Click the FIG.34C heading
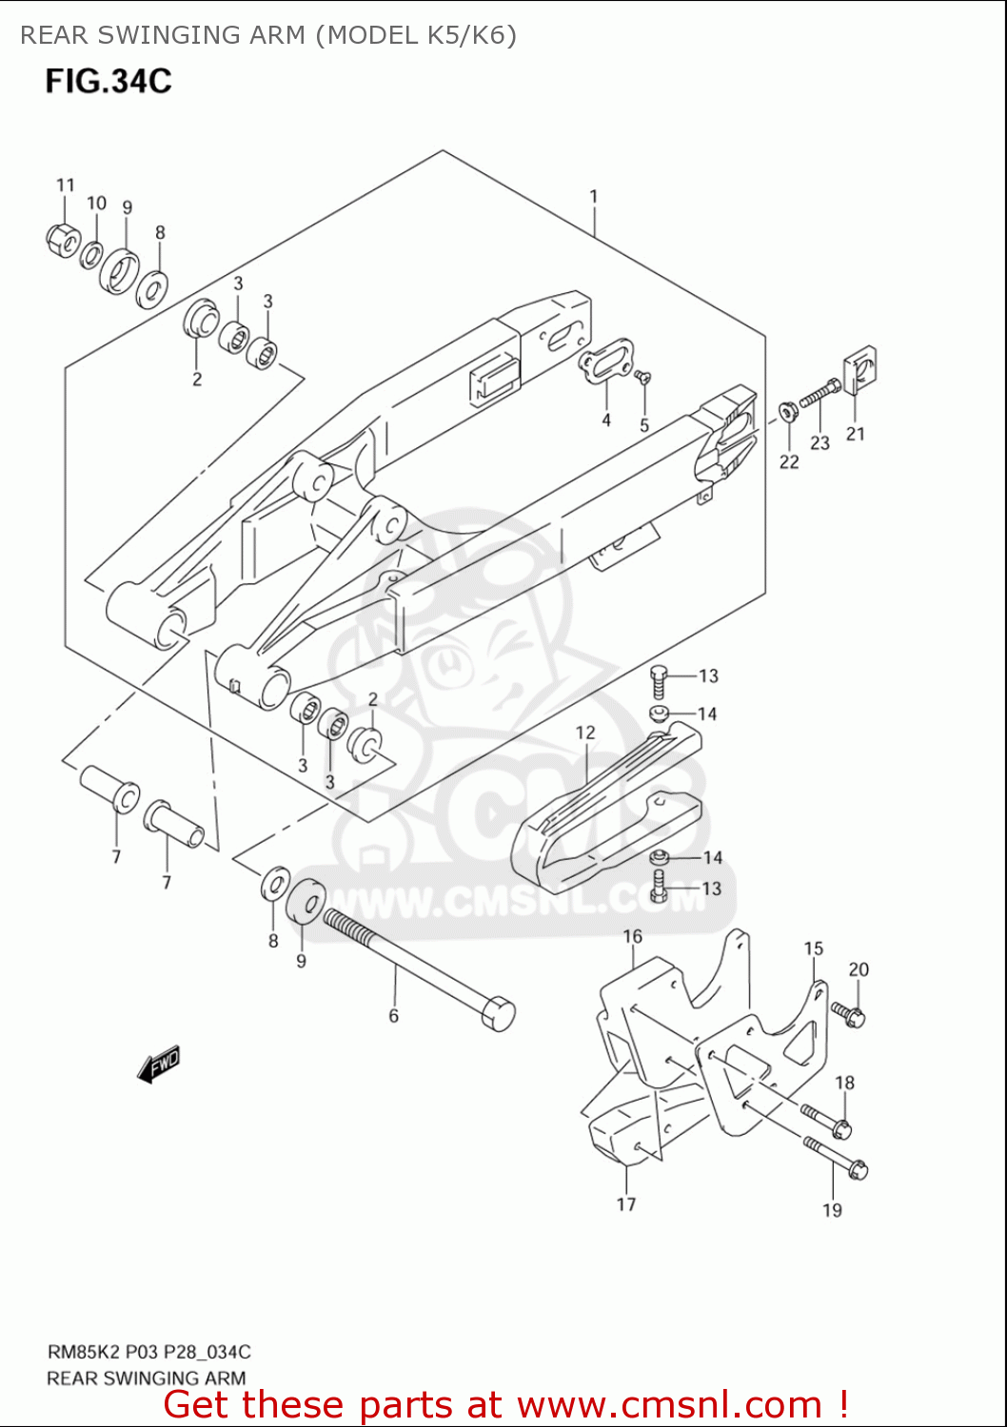[x=109, y=82]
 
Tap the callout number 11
[x=65, y=185]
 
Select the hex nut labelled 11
[x=62, y=239]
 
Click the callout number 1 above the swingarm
[x=593, y=197]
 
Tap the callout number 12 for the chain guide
[x=584, y=733]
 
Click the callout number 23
[x=819, y=443]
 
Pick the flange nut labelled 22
[x=788, y=411]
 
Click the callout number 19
[x=832, y=1210]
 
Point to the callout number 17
[x=625, y=1204]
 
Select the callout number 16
[x=633, y=937]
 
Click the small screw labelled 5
[x=644, y=378]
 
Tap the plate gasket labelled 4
[x=606, y=366]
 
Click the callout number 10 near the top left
[x=96, y=203]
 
